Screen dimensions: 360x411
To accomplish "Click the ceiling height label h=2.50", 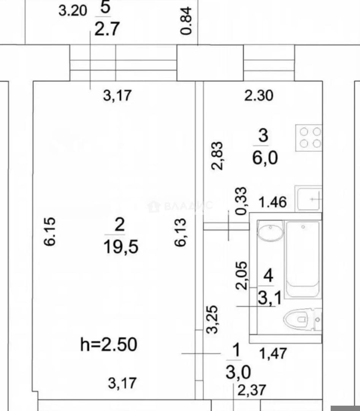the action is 109,344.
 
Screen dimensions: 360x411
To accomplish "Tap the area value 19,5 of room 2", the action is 121,247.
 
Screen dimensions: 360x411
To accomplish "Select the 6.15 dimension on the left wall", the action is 50,231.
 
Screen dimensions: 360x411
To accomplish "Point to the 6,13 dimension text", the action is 181,232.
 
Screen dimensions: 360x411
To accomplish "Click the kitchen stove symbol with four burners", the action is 308,138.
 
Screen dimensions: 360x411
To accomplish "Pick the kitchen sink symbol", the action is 308,198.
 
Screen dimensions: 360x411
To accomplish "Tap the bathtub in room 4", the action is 303,259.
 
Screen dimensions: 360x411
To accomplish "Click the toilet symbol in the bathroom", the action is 302,319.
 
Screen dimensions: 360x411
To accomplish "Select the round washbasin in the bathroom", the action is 270,230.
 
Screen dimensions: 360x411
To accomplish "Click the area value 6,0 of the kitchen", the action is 265,158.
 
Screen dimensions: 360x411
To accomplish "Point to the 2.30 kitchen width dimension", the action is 259,96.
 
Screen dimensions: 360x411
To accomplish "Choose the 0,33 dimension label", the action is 241,201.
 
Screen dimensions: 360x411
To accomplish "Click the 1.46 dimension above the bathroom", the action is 273,202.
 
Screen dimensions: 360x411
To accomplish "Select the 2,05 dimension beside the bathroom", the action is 241,275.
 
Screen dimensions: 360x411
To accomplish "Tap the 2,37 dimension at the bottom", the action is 252,390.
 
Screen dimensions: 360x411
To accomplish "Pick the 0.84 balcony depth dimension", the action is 186,21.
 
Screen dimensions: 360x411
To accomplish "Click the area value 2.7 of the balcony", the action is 107,29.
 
